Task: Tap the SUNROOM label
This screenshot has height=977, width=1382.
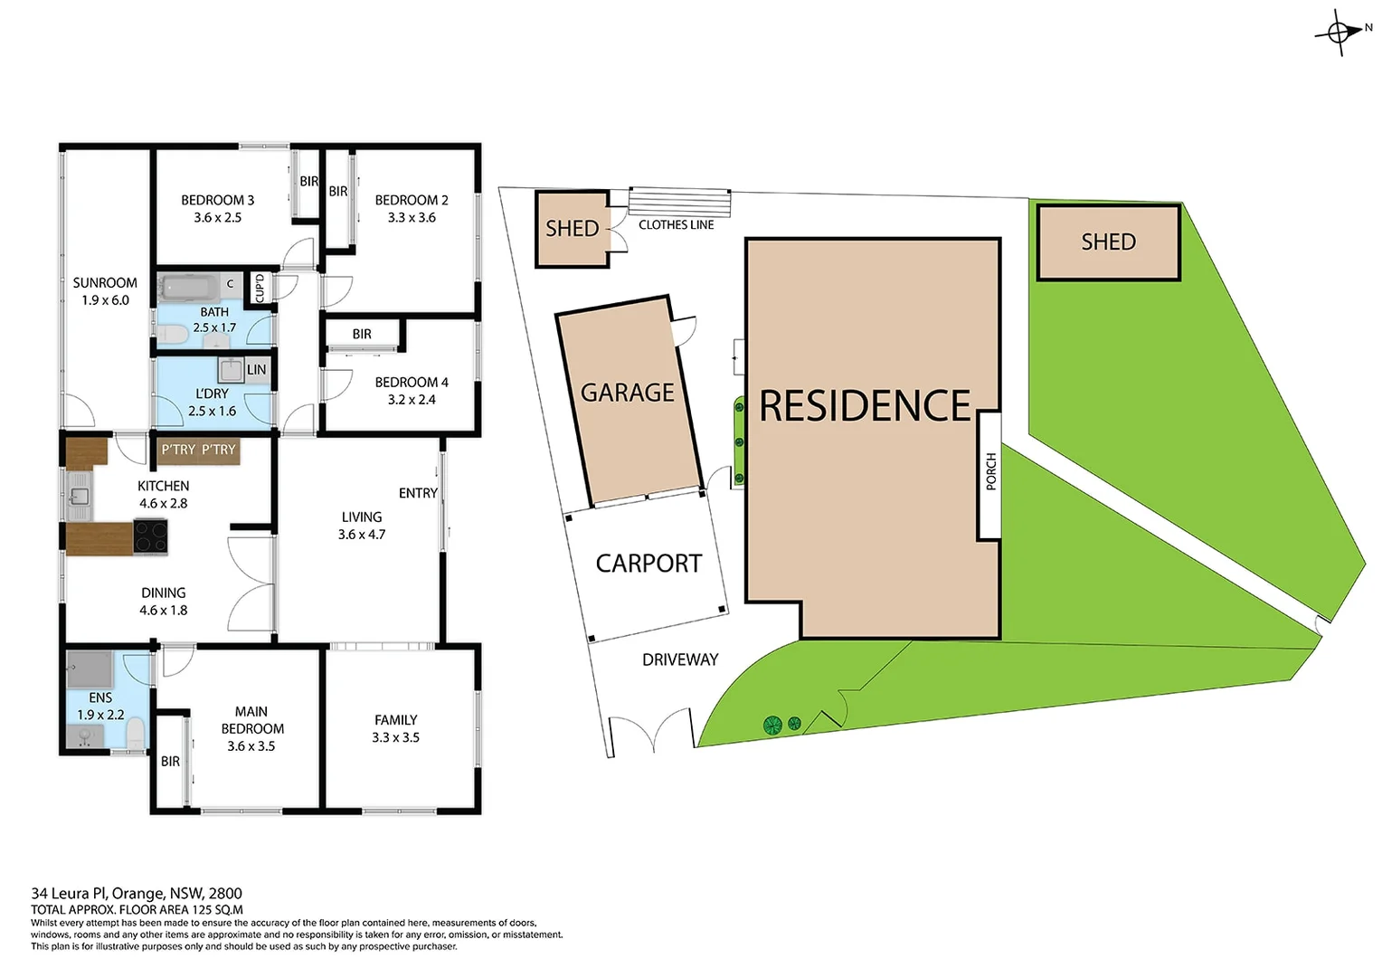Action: [x=105, y=283]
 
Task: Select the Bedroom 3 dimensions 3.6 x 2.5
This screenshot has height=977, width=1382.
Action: [x=217, y=218]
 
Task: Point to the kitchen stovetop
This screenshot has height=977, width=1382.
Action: [x=151, y=536]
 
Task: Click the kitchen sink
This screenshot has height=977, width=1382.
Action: [x=80, y=496]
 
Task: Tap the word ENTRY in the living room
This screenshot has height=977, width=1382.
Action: [x=418, y=493]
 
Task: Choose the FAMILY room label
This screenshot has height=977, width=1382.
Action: [x=396, y=720]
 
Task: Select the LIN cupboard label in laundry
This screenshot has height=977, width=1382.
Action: [x=257, y=369]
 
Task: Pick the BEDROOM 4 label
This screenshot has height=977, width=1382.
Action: [x=412, y=383]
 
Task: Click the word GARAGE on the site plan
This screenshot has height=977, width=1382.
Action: [x=627, y=393]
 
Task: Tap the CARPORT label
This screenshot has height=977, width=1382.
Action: [x=648, y=564]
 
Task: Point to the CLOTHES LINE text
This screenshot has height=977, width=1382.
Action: [x=676, y=224]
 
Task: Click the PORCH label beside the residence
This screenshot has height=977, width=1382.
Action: [x=990, y=472]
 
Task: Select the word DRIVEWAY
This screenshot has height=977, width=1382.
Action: [x=680, y=659]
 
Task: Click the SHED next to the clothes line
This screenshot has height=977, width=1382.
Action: [x=572, y=229]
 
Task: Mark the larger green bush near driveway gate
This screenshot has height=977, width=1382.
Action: [x=772, y=725]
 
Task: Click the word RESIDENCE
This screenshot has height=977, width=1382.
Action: [x=865, y=406]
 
